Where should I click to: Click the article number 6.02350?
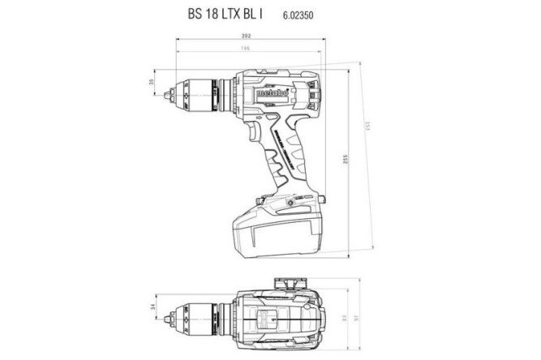tap(298, 15)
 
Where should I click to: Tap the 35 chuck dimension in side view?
tap(152, 82)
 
